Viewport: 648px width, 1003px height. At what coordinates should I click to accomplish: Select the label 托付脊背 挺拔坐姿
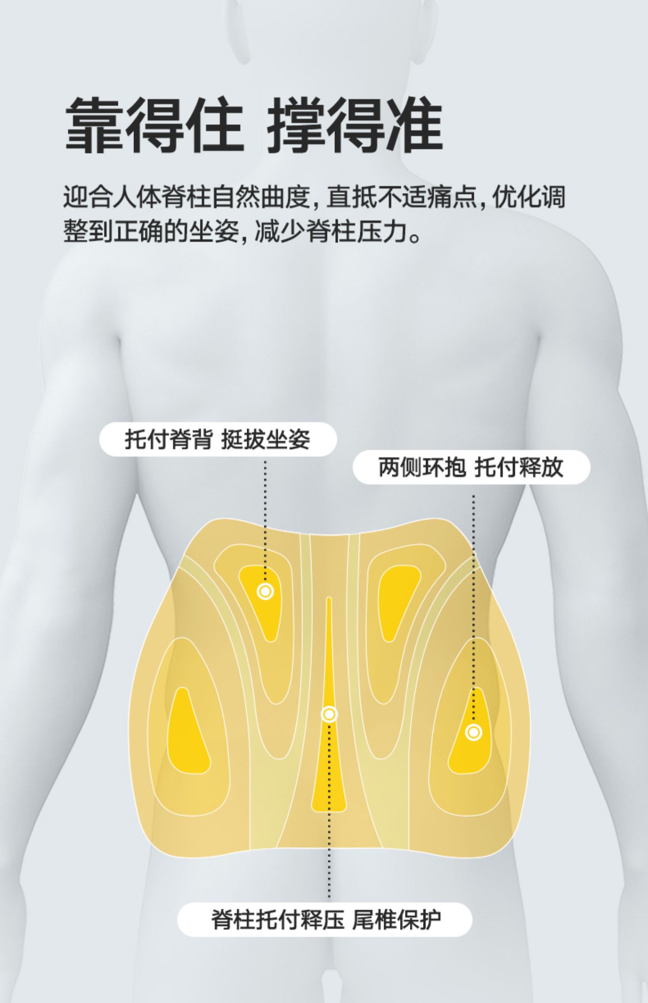218,439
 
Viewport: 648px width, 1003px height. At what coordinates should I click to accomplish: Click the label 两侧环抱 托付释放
471,467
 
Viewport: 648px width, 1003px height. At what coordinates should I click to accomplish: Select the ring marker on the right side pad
473,732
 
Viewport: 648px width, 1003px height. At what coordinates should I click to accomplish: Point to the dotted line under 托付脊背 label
265,518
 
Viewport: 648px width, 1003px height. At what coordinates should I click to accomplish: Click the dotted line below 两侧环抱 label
473,605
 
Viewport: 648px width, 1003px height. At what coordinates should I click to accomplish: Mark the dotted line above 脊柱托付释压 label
329,821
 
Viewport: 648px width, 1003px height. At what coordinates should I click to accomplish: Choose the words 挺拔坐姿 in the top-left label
266,439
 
